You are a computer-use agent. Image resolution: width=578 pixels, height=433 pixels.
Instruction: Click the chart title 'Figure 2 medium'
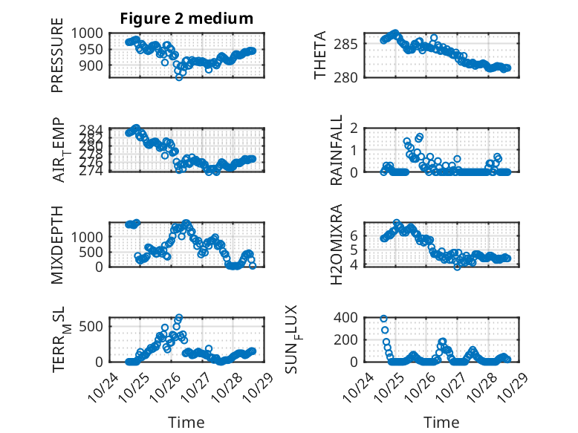186,19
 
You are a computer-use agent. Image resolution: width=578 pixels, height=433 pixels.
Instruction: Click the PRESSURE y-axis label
58,60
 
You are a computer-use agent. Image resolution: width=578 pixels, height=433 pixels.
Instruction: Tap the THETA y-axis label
320,56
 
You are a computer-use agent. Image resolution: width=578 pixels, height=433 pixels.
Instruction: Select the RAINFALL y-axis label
337,150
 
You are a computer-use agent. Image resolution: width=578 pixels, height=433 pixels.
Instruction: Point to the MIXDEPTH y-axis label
58,245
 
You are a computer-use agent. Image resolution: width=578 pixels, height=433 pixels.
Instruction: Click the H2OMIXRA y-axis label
337,244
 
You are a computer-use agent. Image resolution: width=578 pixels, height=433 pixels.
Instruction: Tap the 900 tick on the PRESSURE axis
96,65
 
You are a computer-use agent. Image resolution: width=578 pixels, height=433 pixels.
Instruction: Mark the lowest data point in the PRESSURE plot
179,76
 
